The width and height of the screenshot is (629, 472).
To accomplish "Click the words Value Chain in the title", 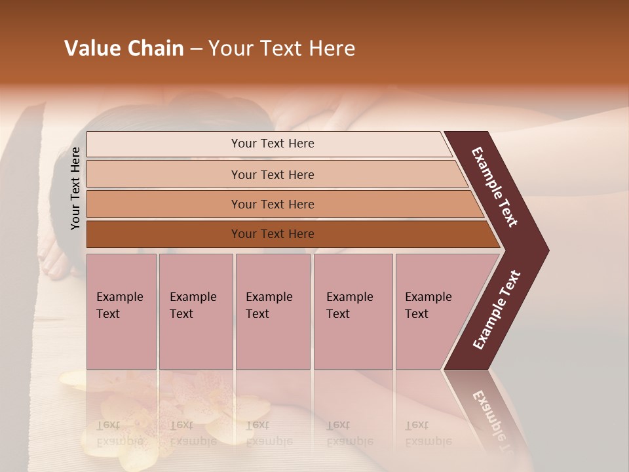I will (x=124, y=49).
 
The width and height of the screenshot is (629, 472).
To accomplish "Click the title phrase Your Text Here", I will (x=282, y=49).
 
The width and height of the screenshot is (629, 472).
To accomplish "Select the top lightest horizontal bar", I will (x=272, y=144).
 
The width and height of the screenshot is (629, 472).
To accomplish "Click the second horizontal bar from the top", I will (x=272, y=174).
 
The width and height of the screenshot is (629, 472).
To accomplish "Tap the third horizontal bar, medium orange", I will (x=272, y=204).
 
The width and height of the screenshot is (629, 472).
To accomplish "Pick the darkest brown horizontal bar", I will (x=272, y=234).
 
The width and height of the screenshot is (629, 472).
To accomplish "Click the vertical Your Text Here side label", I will (x=75, y=188).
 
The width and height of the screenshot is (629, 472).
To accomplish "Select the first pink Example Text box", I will (x=121, y=311).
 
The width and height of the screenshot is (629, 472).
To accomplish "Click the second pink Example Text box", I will (x=195, y=311).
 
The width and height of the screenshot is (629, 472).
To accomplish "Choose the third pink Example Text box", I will (x=273, y=311).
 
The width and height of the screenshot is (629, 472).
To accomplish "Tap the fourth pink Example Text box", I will (x=353, y=311).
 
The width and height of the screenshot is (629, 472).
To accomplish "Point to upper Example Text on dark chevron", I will (x=495, y=187).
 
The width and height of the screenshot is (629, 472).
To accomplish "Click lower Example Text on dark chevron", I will (x=497, y=309).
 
